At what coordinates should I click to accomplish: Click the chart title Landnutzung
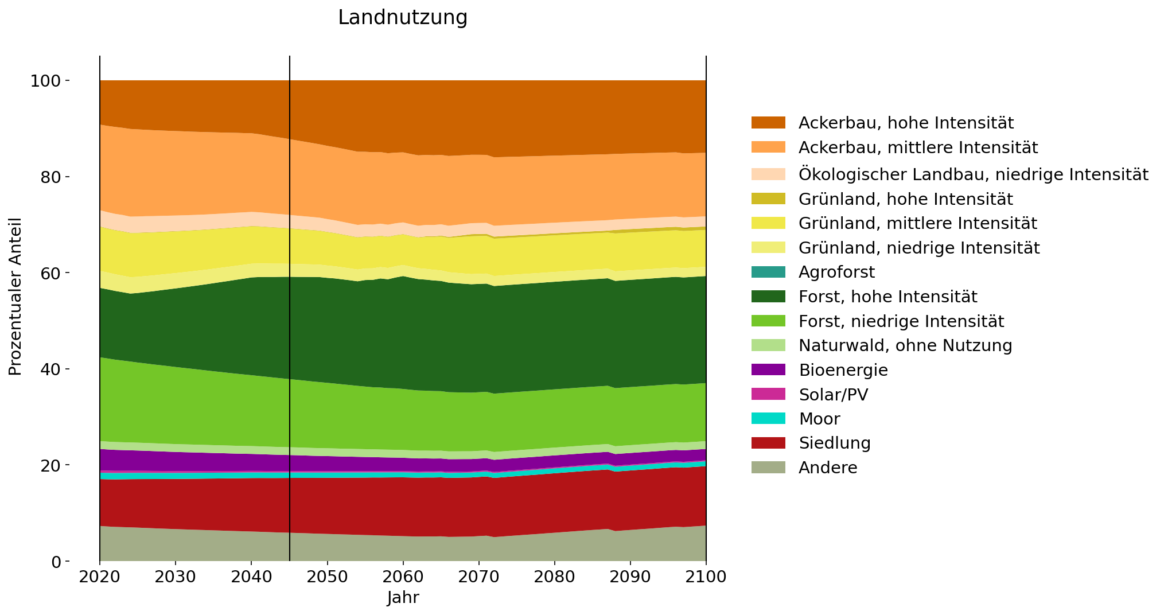click(403, 18)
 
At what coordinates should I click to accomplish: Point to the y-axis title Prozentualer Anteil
click(15, 297)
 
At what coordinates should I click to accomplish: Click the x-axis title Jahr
click(403, 598)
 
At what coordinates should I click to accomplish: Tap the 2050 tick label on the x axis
click(327, 577)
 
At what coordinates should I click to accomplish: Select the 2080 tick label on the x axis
click(554, 577)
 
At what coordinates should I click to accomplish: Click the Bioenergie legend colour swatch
click(768, 370)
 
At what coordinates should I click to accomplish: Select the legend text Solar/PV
click(833, 395)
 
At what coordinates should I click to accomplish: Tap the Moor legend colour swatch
click(768, 419)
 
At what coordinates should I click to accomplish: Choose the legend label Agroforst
click(836, 272)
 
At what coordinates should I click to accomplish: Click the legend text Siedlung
click(834, 443)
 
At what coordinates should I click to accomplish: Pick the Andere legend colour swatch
click(768, 468)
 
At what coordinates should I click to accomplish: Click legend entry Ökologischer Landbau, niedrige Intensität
click(973, 174)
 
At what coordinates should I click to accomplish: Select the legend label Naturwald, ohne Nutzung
click(905, 345)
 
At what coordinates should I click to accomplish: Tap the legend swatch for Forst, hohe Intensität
click(768, 297)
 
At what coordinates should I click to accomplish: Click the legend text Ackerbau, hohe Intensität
click(906, 123)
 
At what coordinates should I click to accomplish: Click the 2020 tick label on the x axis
click(100, 577)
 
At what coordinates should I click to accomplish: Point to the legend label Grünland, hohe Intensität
click(905, 199)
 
